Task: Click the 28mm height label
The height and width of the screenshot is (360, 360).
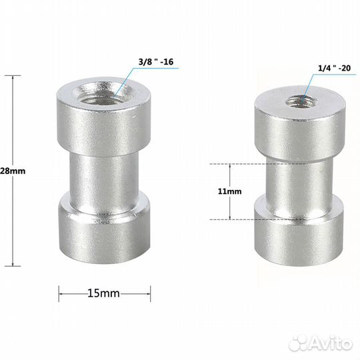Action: tap(13, 171)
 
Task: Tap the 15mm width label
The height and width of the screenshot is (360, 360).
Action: tap(105, 293)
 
